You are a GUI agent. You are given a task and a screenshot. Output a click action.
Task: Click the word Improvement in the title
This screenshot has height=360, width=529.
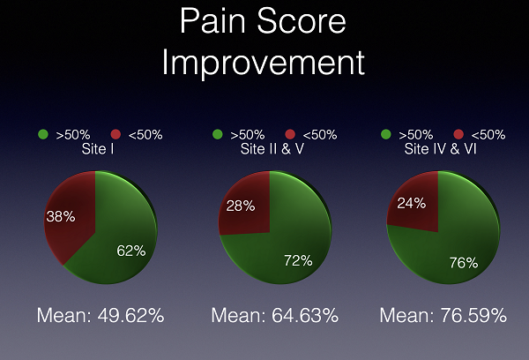tap(264, 64)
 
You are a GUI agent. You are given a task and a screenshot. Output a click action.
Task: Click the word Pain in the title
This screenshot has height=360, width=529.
tap(212, 21)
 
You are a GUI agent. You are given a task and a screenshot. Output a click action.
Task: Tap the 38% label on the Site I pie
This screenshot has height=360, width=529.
tap(61, 216)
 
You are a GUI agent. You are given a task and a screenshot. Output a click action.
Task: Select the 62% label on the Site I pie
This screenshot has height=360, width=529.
tap(131, 251)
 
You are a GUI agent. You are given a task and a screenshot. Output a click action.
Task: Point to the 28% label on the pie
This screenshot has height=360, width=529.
tap(241, 206)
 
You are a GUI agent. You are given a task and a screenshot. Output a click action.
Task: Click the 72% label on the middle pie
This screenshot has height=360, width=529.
tap(298, 260)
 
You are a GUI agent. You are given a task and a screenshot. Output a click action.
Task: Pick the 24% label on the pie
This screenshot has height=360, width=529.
tap(411, 203)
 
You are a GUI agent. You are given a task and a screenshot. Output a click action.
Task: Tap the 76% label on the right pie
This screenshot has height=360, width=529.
tap(464, 262)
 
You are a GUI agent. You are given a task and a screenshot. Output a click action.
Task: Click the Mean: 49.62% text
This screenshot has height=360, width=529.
tap(101, 315)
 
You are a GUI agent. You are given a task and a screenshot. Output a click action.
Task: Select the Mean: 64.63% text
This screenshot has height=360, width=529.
tap(274, 315)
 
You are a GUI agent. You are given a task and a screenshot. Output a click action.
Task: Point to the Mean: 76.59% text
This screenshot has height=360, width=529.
tap(443, 315)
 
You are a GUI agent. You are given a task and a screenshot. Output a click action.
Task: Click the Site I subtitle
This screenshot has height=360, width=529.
tap(98, 149)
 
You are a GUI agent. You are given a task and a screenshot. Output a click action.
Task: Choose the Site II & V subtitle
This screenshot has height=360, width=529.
tap(272, 149)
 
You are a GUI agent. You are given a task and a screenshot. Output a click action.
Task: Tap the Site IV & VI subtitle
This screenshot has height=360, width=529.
tap(440, 149)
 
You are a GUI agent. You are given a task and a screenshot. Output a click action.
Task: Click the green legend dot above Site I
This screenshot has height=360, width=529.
tap(43, 134)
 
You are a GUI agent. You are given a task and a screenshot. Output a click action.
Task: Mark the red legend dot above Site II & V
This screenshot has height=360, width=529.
tap(290, 134)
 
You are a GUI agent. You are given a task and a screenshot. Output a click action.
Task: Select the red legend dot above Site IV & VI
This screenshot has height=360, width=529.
tap(458, 134)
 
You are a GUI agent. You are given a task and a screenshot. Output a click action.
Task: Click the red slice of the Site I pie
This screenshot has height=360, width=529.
tap(72, 216)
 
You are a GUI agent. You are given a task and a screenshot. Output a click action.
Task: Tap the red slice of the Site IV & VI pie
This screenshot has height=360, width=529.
tap(415, 206)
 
